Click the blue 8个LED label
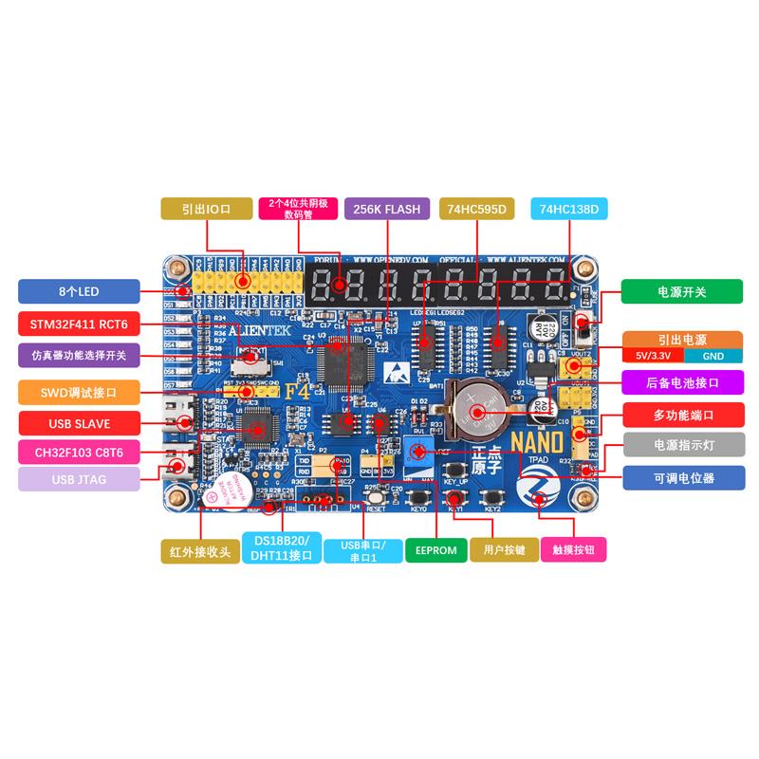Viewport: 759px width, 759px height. pos(78,291)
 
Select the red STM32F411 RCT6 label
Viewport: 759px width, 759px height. pos(78,324)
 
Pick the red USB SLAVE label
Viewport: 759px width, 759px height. pos(78,422)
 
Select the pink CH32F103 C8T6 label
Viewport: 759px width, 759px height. pos(78,452)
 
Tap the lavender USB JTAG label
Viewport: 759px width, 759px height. pos(78,479)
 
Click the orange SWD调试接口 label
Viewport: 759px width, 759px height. pos(78,390)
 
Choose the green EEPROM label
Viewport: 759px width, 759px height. pos(434,549)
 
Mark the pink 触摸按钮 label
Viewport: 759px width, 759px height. pos(572,549)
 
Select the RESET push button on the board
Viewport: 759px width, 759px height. pos(375,495)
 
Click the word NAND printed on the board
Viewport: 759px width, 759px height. pos(539,441)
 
